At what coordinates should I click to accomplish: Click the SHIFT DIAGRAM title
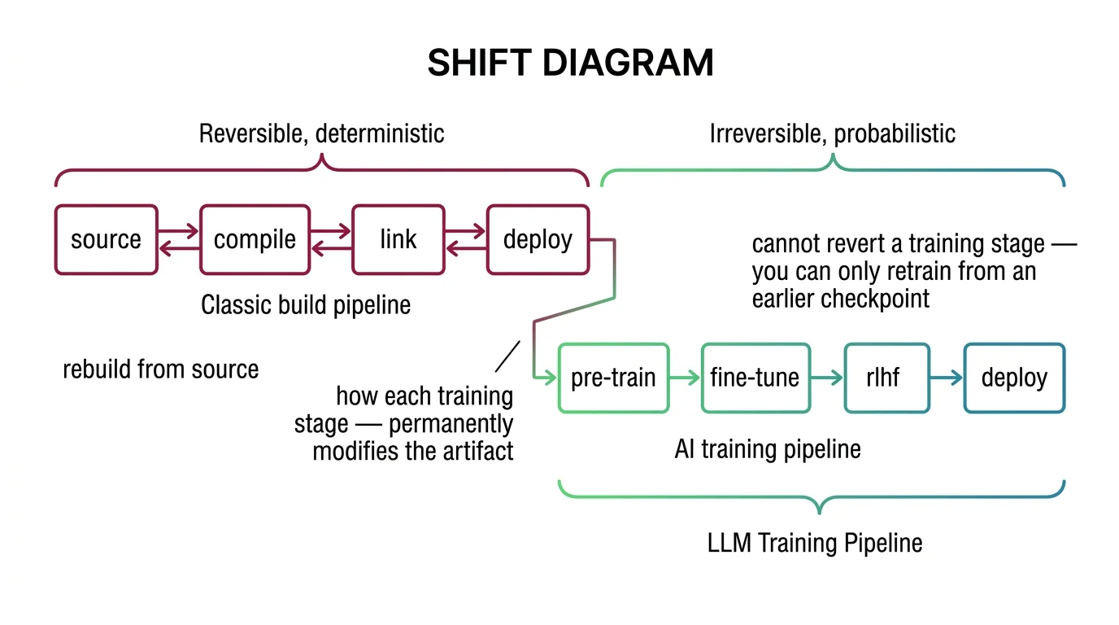click(570, 63)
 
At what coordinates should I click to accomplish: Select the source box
click(106, 239)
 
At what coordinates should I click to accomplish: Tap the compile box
click(255, 239)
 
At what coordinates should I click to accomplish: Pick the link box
click(398, 239)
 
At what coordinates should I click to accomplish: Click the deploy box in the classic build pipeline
click(538, 239)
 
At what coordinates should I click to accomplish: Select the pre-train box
click(613, 378)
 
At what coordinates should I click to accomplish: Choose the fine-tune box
click(755, 378)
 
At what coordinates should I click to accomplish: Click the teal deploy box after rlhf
click(1014, 378)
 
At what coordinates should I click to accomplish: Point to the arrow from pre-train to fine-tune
click(685, 378)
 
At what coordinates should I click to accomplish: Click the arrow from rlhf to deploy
click(947, 378)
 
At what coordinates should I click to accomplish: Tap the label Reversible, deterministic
click(321, 133)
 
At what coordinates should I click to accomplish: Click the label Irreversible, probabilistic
click(832, 133)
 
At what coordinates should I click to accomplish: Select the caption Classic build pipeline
click(306, 305)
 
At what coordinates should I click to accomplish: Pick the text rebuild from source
click(160, 369)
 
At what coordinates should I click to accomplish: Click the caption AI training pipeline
click(767, 449)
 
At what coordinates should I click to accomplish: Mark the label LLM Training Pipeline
click(815, 543)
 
